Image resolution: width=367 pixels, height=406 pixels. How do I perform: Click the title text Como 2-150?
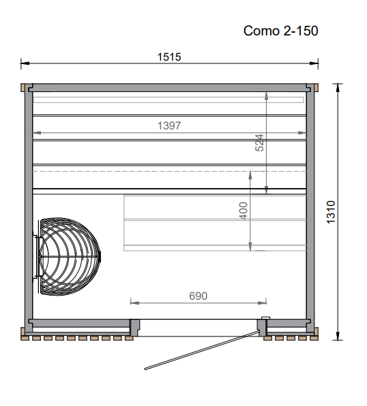[280, 31]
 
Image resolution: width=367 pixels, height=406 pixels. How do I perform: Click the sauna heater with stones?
[68, 255]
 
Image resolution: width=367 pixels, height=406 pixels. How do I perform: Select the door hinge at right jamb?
[264, 321]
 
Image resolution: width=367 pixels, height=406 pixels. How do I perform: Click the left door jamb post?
[134, 328]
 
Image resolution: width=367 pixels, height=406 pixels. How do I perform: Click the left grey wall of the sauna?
[29, 204]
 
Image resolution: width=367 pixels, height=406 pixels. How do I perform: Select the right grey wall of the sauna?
[310, 204]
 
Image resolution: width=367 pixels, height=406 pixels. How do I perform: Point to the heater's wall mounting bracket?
[37, 255]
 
